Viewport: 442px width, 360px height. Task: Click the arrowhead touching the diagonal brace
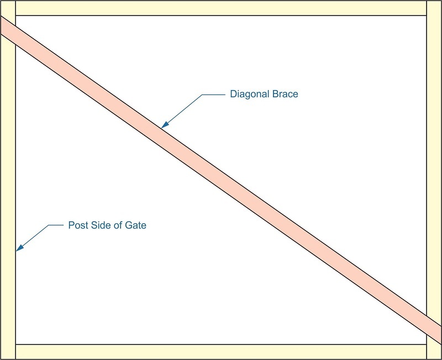point(165,125)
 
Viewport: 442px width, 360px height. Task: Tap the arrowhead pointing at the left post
point(20,247)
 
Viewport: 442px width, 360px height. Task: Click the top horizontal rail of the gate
point(221,8)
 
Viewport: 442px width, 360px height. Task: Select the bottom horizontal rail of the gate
point(221,352)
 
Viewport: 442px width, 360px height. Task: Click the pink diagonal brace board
point(221,180)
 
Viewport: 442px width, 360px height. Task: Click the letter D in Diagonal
point(233,94)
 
